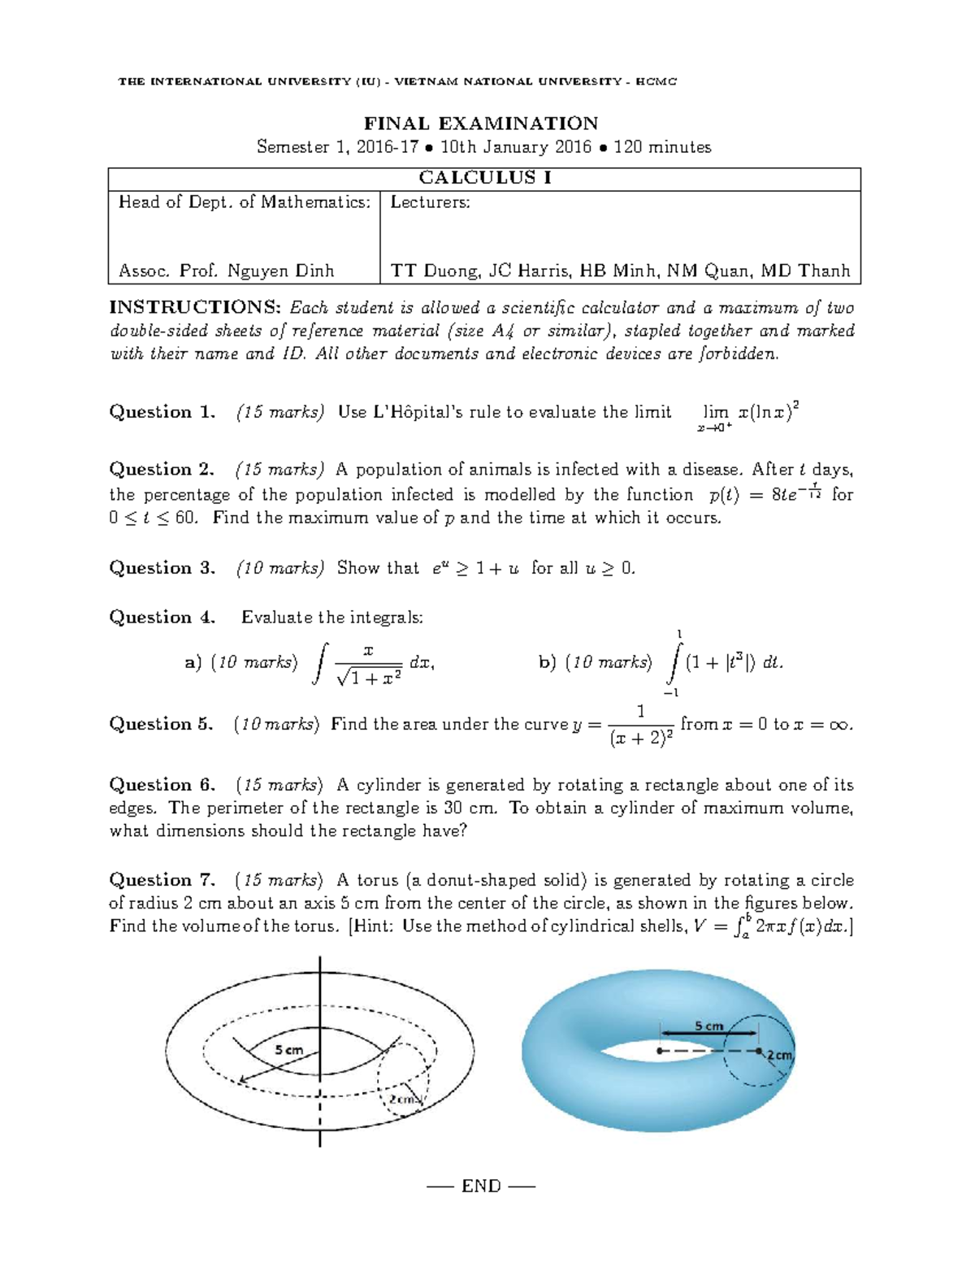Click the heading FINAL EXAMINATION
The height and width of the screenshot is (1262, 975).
[480, 124]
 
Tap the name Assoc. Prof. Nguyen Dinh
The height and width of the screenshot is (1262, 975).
[226, 271]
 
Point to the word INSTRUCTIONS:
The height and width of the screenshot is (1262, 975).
[196, 308]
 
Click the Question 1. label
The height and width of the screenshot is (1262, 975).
[162, 412]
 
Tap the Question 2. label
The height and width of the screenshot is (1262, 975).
[162, 470]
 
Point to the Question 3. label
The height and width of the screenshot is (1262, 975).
[162, 568]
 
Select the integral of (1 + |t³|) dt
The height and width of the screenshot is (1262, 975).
[723, 663]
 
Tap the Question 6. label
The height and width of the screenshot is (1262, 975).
[162, 785]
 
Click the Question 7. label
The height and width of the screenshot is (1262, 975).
[162, 880]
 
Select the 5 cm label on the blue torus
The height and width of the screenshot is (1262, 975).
[708, 1026]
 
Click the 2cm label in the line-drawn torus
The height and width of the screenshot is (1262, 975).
[404, 1099]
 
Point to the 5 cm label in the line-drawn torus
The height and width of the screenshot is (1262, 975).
[288, 1049]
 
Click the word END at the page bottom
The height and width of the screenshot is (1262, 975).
[481, 1186]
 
